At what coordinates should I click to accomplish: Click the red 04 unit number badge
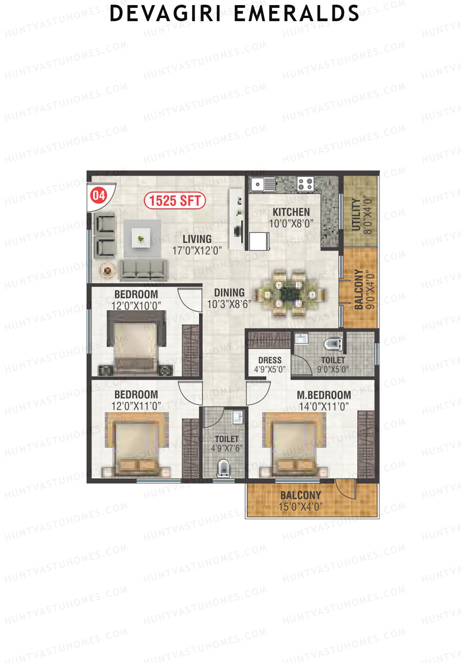coord(98,195)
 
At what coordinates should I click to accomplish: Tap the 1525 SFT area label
coord(175,201)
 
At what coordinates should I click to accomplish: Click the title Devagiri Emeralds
coord(234,14)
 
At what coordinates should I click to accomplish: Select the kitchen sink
coord(263,183)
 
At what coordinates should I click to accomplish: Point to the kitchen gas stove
coord(305,183)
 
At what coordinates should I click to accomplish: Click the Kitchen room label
coord(291,212)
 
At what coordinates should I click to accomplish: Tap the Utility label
coord(356,214)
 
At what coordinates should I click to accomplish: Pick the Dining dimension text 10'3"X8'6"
coord(229,304)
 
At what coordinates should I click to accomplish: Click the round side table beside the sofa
coord(108,270)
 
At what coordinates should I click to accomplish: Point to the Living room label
coord(197,239)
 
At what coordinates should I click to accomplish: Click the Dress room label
coord(270,360)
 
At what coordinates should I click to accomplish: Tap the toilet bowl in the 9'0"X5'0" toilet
coord(333,344)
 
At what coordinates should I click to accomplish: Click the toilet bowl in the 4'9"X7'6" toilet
coord(224,468)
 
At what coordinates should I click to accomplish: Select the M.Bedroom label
coord(324,395)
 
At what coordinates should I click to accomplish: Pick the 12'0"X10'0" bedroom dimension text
coord(136,306)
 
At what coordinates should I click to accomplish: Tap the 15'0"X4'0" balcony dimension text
coord(300,507)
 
